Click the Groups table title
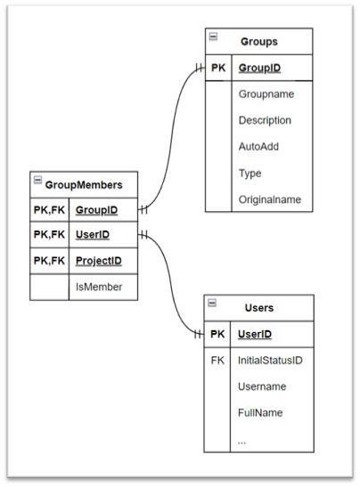coord(258,41)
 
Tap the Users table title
coord(258,308)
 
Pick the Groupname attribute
coord(266,93)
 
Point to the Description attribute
coord(265,120)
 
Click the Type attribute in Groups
coord(250,174)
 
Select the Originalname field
coord(269,200)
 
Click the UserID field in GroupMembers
coord(92,235)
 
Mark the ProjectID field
coord(98,261)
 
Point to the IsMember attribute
coord(99,287)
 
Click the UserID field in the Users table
coord(254,334)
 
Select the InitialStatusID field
coord(271,361)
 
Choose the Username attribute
coord(262,387)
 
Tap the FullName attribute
coord(260,414)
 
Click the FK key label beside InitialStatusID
coord(217,361)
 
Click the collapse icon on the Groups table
coord(213,37)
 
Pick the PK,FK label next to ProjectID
coord(49,261)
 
